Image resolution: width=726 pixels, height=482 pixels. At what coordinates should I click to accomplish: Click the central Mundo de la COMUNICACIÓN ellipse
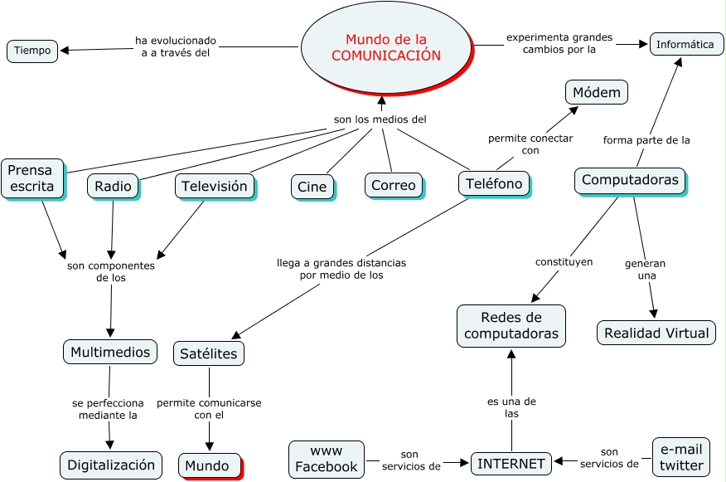[385, 47]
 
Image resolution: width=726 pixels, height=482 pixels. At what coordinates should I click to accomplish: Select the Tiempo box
[32, 51]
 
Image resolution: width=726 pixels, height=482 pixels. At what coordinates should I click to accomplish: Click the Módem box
[596, 92]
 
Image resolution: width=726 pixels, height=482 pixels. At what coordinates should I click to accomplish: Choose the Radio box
[113, 186]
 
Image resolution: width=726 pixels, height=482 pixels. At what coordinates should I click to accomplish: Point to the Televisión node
[214, 186]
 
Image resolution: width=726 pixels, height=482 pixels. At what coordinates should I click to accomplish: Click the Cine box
[312, 187]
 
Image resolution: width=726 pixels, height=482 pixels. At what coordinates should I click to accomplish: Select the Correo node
[393, 185]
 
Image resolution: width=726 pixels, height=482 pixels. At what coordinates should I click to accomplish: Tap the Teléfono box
[493, 183]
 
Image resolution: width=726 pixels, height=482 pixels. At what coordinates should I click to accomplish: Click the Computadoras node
[630, 180]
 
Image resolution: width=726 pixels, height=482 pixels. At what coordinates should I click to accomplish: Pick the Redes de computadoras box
[511, 325]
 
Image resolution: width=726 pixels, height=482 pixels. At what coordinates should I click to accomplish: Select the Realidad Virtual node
[656, 333]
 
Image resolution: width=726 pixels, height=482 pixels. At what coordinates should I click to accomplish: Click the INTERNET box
[511, 464]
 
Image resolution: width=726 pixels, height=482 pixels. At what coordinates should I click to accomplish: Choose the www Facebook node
[327, 459]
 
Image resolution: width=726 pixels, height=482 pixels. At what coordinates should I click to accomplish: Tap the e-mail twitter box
[681, 456]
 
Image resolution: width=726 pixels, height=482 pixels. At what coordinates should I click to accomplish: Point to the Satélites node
[209, 353]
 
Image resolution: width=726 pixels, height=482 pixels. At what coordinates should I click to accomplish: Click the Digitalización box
[111, 465]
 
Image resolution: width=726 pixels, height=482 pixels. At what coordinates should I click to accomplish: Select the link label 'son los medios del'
[380, 119]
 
